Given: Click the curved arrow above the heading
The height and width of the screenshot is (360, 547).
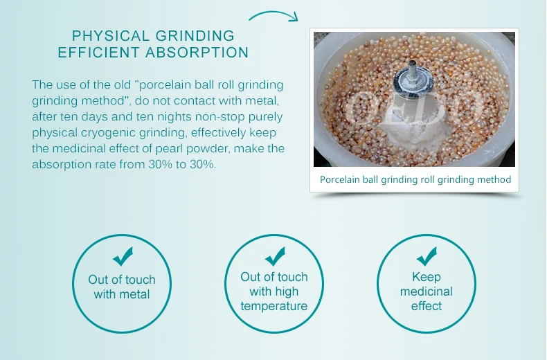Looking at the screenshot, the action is [273, 13].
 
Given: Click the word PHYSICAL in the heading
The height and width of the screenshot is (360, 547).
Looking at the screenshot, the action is [111, 36].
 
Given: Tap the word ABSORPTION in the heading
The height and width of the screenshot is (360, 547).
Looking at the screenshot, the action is [197, 53].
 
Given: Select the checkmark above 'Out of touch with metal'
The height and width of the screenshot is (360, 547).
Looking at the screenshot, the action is [123, 256].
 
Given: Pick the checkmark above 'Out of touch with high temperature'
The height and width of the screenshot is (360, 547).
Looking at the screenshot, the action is [276, 256].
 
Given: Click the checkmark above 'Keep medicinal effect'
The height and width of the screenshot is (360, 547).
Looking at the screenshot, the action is [427, 256].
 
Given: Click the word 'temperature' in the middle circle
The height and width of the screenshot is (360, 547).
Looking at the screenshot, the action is [274, 306].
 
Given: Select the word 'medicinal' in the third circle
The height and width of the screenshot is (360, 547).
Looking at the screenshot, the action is [427, 291].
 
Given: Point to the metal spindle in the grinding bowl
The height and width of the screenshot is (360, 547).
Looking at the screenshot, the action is [413, 80].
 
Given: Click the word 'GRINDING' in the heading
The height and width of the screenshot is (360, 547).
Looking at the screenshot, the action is [195, 36].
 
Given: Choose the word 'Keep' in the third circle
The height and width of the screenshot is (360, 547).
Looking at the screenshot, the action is [427, 277].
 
